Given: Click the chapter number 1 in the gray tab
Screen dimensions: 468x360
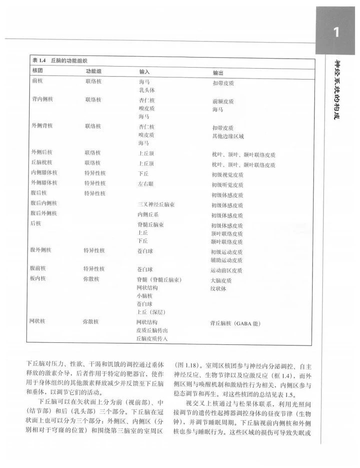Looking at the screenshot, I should click(x=336, y=34).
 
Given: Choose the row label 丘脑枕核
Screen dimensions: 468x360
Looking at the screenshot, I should click(x=42, y=163).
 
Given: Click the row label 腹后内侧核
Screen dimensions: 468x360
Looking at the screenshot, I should click(x=44, y=203).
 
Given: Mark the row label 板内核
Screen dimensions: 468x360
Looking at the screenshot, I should click(x=39, y=278).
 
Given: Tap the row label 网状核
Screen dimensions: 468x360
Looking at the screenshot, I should click(x=39, y=321).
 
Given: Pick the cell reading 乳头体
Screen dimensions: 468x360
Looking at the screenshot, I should click(x=147, y=90).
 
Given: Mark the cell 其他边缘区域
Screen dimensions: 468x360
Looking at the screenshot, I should click(x=228, y=136).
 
